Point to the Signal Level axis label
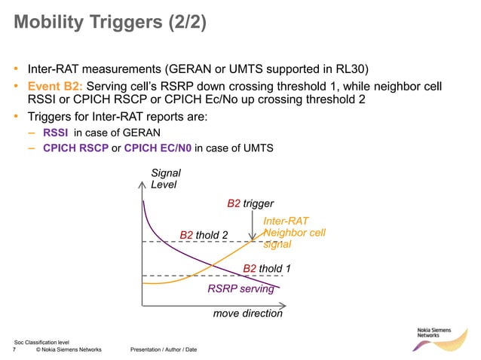[166, 178]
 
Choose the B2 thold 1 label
[267, 268]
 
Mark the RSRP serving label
[240, 288]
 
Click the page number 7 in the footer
[15, 350]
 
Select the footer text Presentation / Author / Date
[164, 350]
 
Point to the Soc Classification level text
[42, 342]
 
